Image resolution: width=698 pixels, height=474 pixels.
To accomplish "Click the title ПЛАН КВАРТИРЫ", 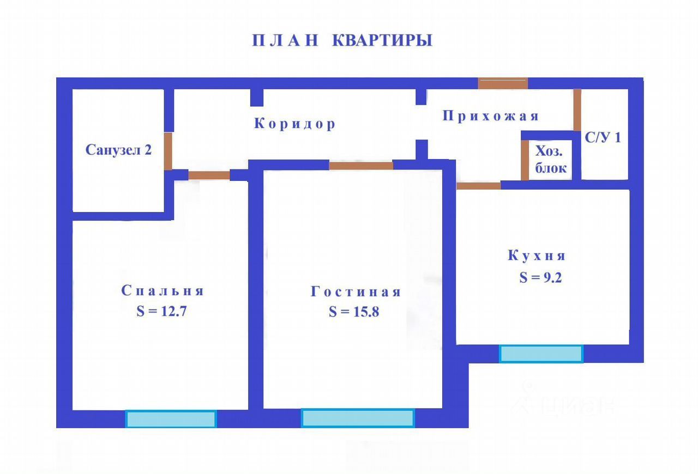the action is coord(342,41).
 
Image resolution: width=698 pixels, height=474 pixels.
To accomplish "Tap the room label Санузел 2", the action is coord(118,150).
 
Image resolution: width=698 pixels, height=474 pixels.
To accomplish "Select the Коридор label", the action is coord(294,124).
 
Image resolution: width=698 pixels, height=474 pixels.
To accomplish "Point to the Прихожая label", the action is coord(490,116).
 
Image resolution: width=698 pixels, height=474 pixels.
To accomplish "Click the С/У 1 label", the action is coord(603,137).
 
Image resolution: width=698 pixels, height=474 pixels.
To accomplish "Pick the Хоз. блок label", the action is coord(550,160).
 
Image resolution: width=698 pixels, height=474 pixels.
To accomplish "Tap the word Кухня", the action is coord(537,256).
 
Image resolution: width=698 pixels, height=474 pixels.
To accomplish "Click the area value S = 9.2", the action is coord(540,277).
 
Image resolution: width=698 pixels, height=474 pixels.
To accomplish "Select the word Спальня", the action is coord(163,290).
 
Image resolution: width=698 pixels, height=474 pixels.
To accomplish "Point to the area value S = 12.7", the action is coord(162,312).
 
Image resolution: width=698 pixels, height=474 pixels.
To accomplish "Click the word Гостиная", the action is coord(356,292).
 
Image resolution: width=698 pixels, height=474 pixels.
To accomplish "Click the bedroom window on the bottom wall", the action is coord(171,419).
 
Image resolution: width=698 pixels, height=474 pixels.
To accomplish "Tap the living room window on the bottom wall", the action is coord(358,418).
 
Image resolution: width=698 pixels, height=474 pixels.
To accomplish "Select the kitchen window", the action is coord(541,354).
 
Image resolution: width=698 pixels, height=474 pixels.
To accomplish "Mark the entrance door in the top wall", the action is coord(503,83).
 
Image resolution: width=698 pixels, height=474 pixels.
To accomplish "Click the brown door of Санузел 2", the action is coord(169,151).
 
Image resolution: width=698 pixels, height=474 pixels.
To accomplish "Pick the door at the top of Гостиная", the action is coord(361,166).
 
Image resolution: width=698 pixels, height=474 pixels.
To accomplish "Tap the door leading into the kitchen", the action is coord(478,186).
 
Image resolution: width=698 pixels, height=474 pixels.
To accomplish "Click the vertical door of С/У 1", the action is coord(577,110).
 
